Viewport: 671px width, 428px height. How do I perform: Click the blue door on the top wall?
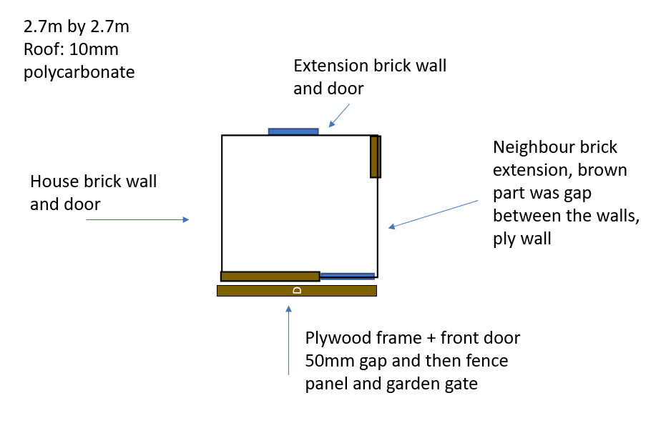(x=293, y=131)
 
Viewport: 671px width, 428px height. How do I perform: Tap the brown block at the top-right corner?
(x=376, y=156)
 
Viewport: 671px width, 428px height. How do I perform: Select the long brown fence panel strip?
(x=297, y=291)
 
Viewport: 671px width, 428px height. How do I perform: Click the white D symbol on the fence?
(x=297, y=291)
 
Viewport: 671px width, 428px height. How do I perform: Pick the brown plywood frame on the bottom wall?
(x=270, y=277)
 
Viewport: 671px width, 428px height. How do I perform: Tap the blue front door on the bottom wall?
(x=348, y=276)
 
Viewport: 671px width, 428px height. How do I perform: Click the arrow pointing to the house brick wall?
(x=137, y=220)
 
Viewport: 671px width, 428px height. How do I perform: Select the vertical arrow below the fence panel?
(x=289, y=340)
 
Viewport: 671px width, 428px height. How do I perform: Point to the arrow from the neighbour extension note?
(x=433, y=214)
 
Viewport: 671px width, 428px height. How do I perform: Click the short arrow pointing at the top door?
(x=339, y=116)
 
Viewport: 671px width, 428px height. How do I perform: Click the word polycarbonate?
(x=79, y=72)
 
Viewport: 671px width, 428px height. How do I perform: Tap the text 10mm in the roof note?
(x=94, y=49)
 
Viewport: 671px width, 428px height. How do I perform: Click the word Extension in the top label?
(x=330, y=66)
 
